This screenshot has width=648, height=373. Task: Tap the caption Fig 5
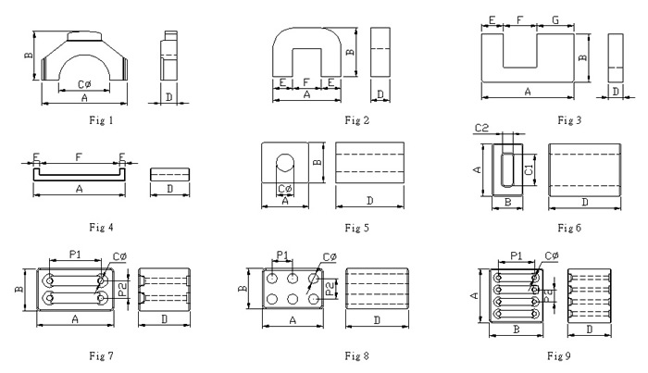(355, 228)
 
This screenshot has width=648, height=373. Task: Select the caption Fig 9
(557, 354)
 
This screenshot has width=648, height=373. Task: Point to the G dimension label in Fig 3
(555, 19)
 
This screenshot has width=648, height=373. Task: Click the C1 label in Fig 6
(530, 169)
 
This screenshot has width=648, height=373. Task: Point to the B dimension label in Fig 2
(349, 52)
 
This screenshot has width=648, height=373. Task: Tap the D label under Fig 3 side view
(616, 91)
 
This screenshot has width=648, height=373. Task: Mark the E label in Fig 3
(491, 19)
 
